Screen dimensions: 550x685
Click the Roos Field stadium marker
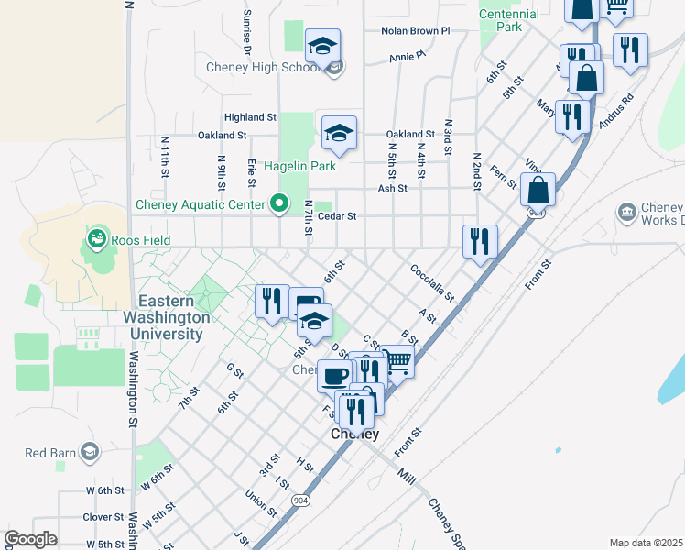pyautogui.click(x=96, y=240)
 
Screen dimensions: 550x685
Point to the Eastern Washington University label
pyautogui.click(x=175, y=317)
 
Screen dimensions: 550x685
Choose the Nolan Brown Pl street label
pyautogui.click(x=417, y=30)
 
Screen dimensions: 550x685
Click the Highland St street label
pyautogui.click(x=250, y=117)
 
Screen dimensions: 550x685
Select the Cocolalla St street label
pyautogui.click(x=432, y=282)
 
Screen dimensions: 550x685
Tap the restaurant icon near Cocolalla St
pyautogui.click(x=480, y=242)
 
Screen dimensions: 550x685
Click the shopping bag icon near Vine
pyautogui.click(x=538, y=190)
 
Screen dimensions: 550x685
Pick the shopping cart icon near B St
pyautogui.click(x=397, y=361)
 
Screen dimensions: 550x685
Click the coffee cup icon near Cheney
pyautogui.click(x=335, y=376)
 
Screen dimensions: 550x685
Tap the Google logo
pyautogui.click(x=30, y=539)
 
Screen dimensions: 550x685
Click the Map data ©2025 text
pyautogui.click(x=646, y=543)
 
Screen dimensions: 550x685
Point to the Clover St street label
pyautogui.click(x=103, y=517)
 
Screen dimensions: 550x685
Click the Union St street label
pyautogui.click(x=261, y=500)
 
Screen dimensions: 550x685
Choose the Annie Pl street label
pyautogui.click(x=408, y=56)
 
